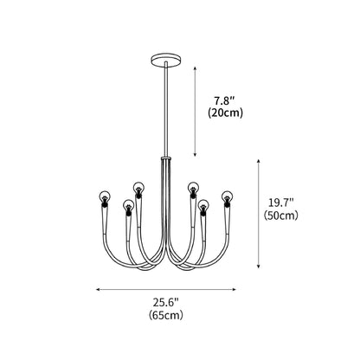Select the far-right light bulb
(227, 196)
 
